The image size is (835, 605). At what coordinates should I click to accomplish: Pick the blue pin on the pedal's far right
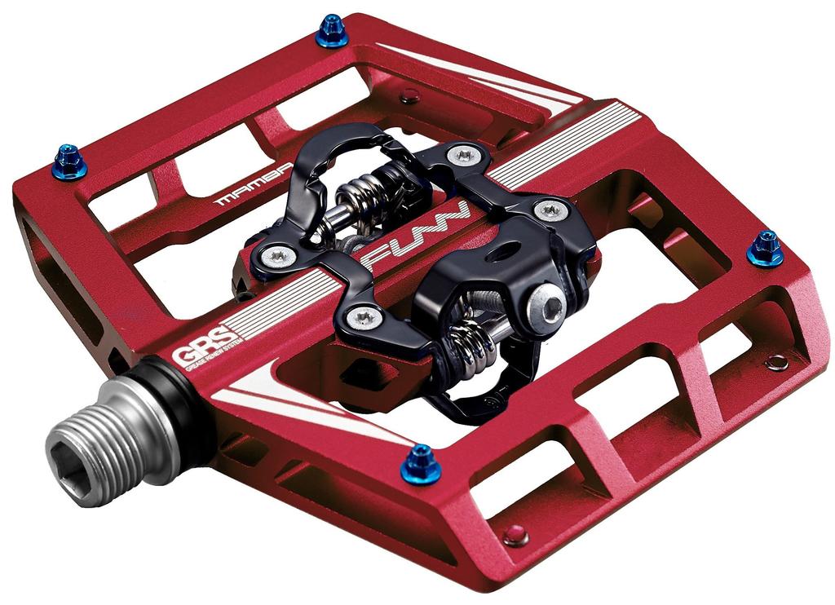(x=765, y=248)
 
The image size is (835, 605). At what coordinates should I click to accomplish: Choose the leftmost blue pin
(x=69, y=161)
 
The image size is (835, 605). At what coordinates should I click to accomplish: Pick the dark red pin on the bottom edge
(x=515, y=536)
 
